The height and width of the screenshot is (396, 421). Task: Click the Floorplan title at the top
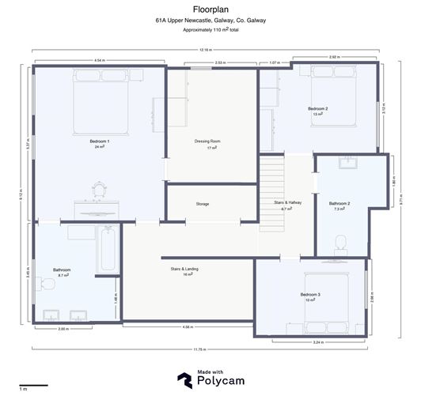click(210, 10)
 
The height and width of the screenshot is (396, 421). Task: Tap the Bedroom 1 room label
click(101, 141)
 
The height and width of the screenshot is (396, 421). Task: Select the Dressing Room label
click(207, 141)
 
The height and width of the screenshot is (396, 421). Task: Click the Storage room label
click(203, 204)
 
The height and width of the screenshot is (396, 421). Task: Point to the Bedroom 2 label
click(318, 108)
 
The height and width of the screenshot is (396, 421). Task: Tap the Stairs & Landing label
click(184, 269)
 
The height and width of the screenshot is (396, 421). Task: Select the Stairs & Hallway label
click(288, 203)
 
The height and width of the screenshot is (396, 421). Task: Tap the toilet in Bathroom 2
click(341, 243)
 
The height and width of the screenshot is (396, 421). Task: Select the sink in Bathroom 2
click(348, 164)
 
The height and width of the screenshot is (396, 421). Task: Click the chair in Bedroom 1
click(100, 190)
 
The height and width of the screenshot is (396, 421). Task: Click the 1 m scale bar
click(33, 386)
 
